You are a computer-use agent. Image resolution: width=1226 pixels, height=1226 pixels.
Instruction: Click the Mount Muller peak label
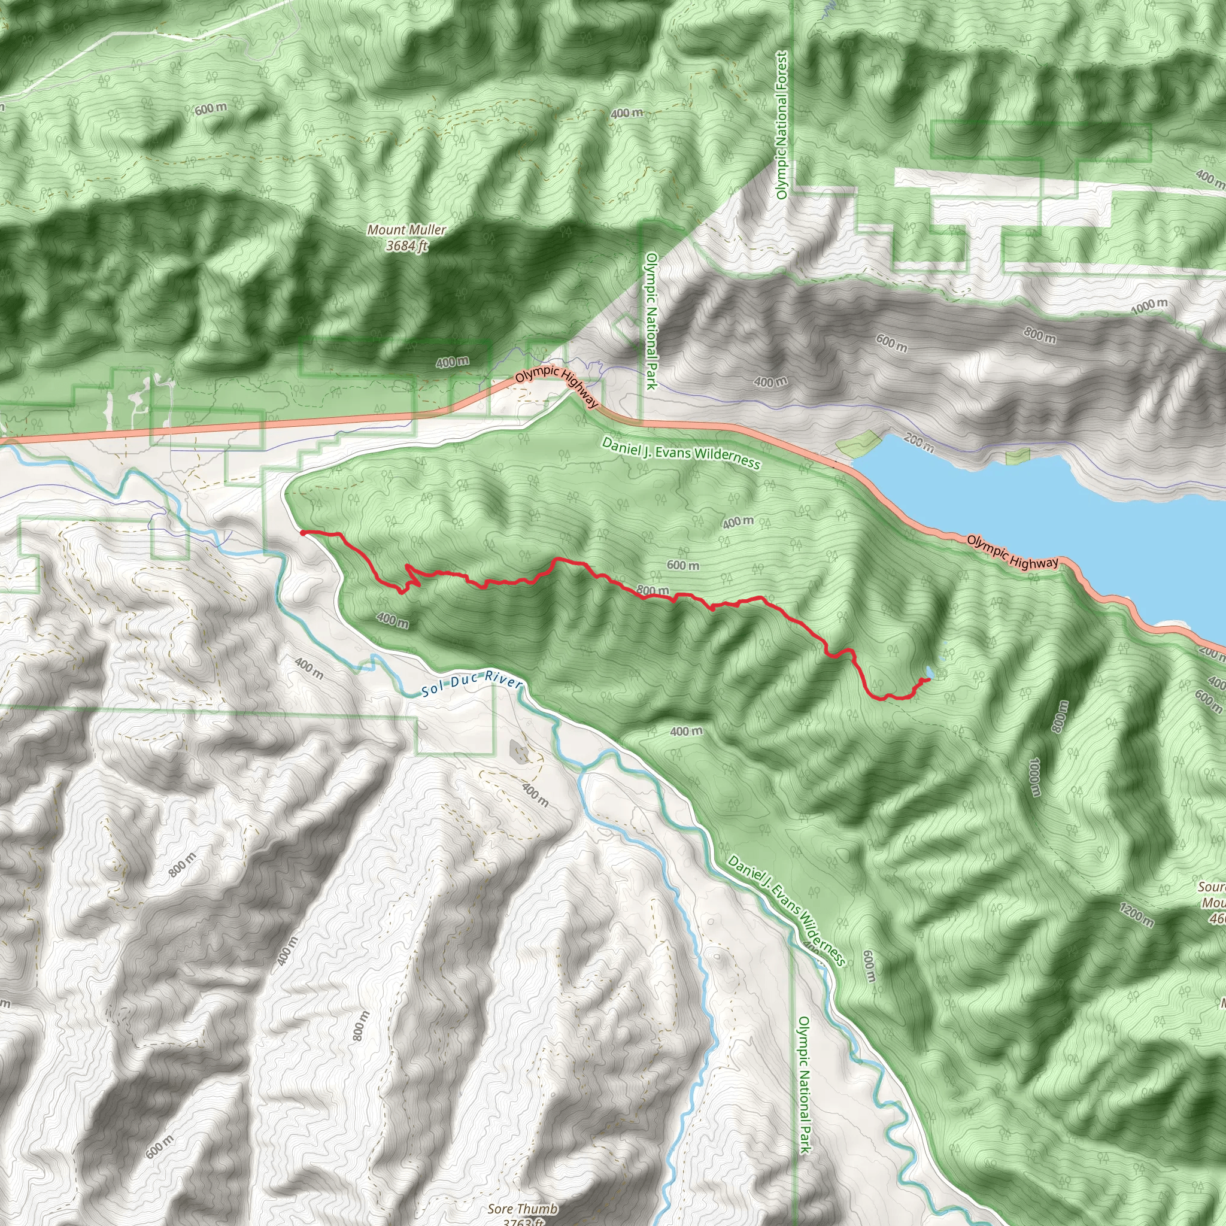[406, 237]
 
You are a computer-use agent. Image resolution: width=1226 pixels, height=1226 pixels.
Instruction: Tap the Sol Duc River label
[472, 684]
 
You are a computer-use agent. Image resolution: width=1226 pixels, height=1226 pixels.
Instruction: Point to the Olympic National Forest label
[782, 125]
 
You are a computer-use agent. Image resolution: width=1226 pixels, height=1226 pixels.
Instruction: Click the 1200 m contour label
[1136, 915]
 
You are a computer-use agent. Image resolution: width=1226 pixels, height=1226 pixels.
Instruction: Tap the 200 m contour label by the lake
[919, 442]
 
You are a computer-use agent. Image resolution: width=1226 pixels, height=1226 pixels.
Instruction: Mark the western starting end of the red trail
[304, 532]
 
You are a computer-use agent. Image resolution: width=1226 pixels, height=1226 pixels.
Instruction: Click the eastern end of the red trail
[928, 679]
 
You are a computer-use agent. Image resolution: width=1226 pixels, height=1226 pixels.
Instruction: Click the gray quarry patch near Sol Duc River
[519, 751]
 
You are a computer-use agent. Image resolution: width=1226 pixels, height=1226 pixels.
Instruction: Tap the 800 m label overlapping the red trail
[653, 591]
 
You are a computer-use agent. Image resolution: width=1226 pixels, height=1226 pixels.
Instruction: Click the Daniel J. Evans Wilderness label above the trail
[681, 453]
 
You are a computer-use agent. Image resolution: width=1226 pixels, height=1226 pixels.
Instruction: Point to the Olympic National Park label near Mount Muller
[651, 320]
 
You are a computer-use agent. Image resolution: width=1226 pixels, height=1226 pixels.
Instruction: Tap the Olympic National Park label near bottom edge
[804, 1085]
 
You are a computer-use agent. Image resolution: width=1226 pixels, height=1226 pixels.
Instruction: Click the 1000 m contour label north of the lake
[1149, 306]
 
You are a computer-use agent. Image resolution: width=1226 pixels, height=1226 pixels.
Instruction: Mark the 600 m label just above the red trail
[683, 565]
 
